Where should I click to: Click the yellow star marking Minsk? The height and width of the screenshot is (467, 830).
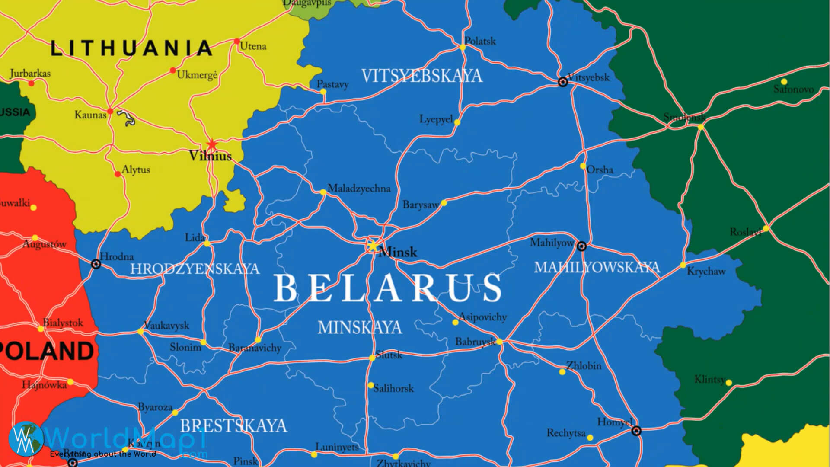[372, 245]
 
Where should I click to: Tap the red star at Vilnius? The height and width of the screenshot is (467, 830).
[212, 144]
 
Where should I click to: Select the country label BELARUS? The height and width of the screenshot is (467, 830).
[388, 288]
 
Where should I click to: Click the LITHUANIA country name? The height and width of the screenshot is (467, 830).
[131, 48]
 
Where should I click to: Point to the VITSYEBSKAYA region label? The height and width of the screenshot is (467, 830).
[422, 76]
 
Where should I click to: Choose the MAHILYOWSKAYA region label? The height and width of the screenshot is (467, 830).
[597, 267]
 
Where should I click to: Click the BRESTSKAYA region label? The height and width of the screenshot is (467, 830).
[233, 426]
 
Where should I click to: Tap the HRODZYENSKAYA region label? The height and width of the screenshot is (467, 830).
[195, 269]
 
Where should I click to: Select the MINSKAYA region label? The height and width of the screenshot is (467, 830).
[360, 327]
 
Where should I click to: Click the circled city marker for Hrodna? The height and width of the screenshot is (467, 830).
[96, 264]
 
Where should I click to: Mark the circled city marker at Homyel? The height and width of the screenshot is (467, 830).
[636, 431]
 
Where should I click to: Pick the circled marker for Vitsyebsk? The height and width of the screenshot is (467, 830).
[563, 82]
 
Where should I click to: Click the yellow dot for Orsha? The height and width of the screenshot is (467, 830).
[583, 166]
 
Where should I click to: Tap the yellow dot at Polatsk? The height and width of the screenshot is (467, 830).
[462, 47]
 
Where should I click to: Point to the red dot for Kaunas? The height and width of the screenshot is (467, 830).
[110, 112]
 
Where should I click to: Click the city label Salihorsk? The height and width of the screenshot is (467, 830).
[393, 388]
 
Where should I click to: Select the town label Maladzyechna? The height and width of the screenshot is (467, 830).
[359, 189]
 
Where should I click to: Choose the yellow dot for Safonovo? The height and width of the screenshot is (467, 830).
[784, 82]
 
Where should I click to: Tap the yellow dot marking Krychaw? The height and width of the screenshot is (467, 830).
[683, 265]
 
